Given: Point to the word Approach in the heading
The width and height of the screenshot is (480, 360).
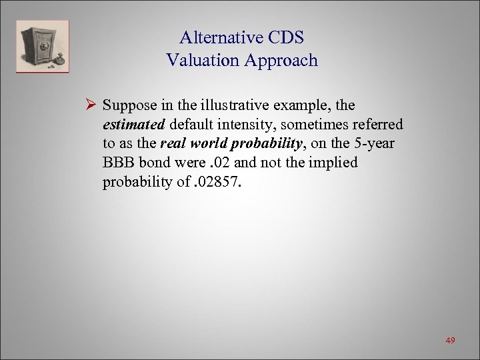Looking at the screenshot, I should pos(281,61).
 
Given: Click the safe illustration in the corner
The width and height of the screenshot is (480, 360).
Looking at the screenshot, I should pos(43,46).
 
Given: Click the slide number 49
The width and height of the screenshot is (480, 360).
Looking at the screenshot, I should pos(450,341).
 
